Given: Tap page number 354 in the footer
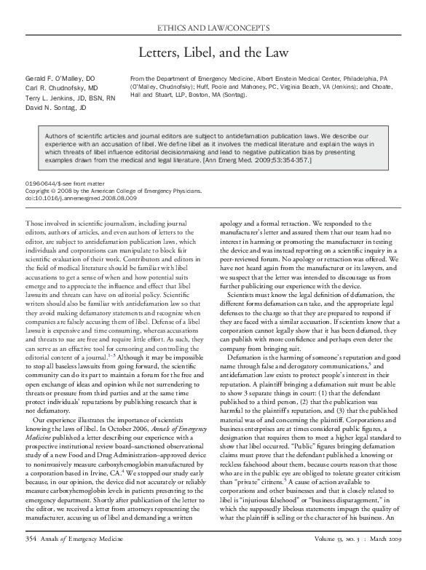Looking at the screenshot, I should [33, 558].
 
